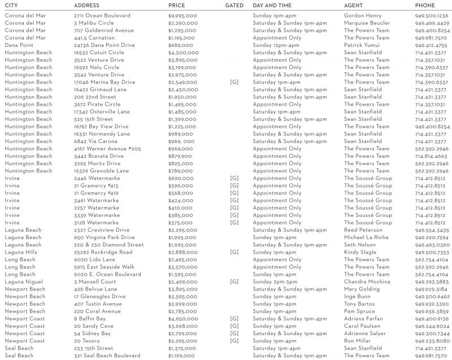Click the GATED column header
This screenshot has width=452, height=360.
[x=234, y=5]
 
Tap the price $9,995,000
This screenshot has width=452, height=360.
[x=182, y=15]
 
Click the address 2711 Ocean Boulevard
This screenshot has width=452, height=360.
[x=102, y=15]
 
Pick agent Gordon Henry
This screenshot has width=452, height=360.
[x=362, y=15]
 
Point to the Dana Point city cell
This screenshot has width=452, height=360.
[x=19, y=45]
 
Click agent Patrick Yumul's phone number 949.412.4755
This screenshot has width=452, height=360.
[x=431, y=45]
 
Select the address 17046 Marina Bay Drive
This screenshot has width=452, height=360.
[x=105, y=82]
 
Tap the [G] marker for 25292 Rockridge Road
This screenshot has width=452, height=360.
[x=234, y=252]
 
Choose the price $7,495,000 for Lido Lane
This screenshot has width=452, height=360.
[x=182, y=259]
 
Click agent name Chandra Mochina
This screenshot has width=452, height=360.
[x=367, y=281]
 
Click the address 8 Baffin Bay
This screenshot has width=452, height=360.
[x=90, y=319]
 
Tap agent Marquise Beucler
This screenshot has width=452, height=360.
[x=367, y=23]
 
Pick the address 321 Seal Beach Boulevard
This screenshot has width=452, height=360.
[x=107, y=355]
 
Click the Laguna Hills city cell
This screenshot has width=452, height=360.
[x=20, y=252]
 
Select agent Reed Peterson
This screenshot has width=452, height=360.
[x=363, y=230]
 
